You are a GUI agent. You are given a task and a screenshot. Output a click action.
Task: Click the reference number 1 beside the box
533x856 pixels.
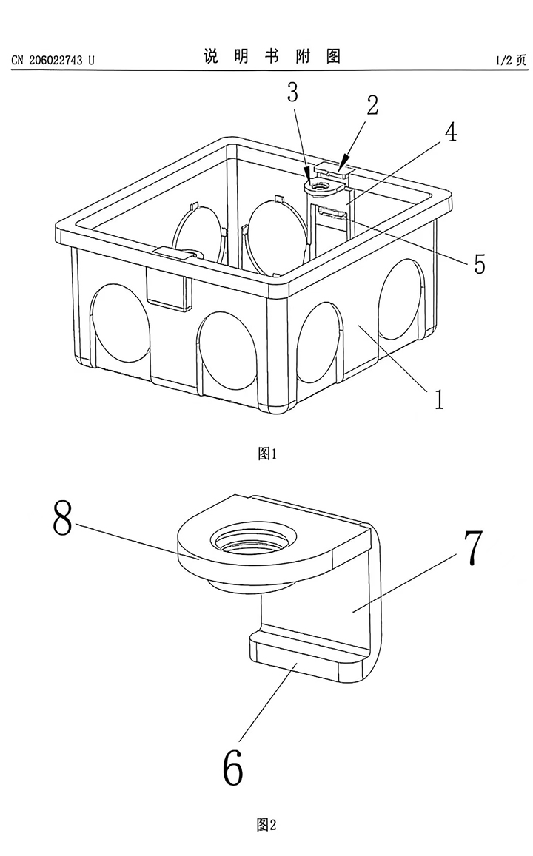point(439,399)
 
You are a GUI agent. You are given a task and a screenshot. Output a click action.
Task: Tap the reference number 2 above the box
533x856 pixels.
point(372,106)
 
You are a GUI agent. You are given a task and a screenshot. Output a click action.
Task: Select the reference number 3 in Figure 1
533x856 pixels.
point(293,93)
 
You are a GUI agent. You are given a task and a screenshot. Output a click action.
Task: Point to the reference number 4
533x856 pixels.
point(449,133)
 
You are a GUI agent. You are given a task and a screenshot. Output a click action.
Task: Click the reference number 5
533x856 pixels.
point(480,263)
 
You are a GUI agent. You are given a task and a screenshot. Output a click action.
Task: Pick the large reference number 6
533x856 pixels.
point(232,767)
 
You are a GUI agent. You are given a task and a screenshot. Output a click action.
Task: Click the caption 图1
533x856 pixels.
point(266,454)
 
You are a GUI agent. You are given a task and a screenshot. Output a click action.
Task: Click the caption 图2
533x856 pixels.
point(266,824)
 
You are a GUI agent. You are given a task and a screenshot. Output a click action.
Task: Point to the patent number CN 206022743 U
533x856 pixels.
point(53,60)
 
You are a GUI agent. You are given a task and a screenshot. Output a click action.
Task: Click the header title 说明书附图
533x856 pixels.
point(272,58)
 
